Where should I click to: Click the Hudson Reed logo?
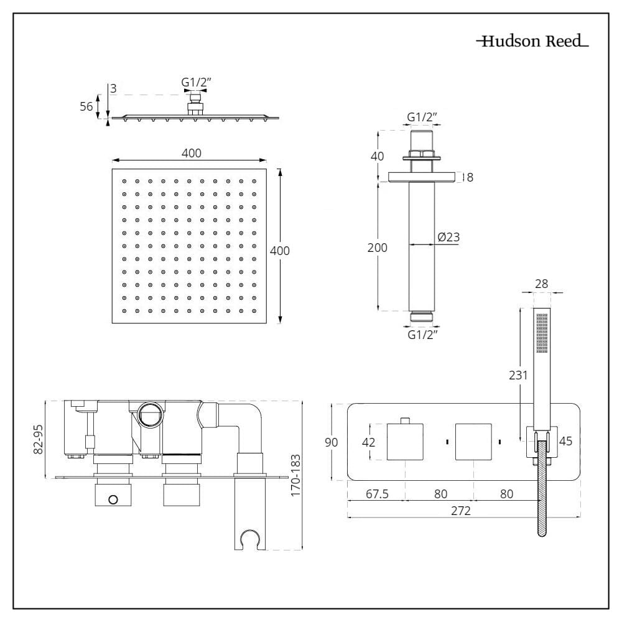(532, 42)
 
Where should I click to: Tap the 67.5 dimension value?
(377, 494)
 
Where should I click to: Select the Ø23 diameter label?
(448, 237)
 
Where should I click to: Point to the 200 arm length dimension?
(377, 248)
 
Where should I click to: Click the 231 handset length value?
(518, 375)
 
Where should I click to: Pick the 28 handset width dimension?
(542, 284)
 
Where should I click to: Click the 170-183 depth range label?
(295, 475)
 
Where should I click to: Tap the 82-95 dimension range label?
(39, 440)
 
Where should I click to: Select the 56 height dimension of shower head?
(86, 106)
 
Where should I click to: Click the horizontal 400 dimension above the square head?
(192, 153)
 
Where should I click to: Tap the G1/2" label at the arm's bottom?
(422, 335)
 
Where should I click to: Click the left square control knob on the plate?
(405, 442)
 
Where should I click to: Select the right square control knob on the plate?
(473, 442)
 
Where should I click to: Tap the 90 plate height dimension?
(332, 442)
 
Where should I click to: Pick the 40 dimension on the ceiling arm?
(377, 155)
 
